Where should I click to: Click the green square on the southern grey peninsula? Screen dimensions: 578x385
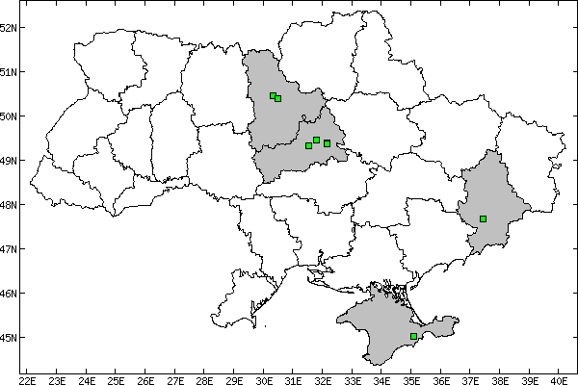[x=413, y=336]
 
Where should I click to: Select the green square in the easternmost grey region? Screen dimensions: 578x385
[x=483, y=218]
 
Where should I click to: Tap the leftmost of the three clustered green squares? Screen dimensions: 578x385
[x=308, y=145]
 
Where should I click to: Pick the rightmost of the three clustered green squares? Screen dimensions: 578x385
[x=327, y=143]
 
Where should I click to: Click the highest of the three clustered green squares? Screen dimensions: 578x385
[x=316, y=140]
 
